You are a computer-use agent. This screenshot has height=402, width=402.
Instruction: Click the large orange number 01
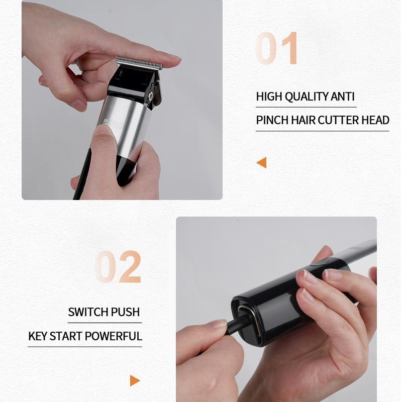pos(276,48)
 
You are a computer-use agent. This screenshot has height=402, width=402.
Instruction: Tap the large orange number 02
pos(118,267)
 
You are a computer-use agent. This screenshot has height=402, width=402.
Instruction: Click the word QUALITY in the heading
pos(306,96)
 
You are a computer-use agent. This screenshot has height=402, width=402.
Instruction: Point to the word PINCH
pos(272,120)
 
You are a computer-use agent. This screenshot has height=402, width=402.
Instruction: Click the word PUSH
pos(125,312)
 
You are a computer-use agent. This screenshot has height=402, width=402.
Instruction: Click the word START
pos(66,336)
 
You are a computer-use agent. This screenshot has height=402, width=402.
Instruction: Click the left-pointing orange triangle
pos(261,162)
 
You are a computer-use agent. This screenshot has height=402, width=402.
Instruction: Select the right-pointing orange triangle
pos(135,380)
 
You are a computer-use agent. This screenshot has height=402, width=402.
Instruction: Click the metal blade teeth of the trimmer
pos(139,63)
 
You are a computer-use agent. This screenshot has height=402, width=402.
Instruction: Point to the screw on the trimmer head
pos(151,95)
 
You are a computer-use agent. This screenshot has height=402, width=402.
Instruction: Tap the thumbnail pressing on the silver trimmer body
pos(103,130)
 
